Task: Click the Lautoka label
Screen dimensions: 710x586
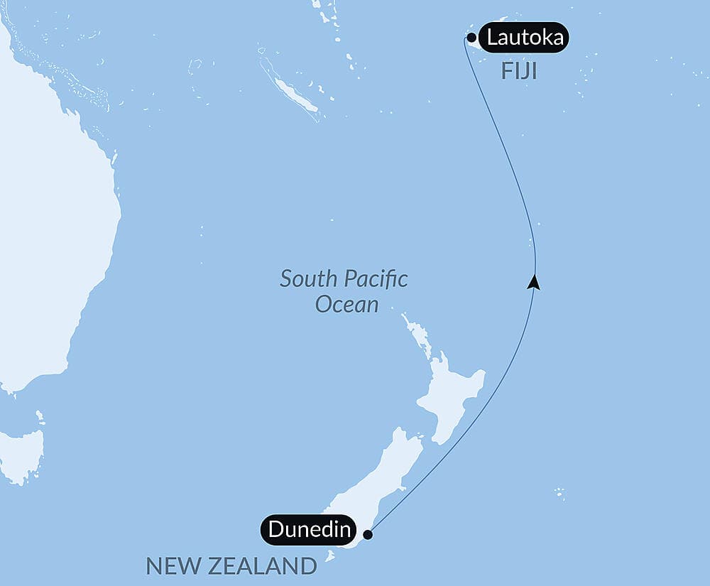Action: coord(524,37)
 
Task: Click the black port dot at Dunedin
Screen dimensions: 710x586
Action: coord(367,534)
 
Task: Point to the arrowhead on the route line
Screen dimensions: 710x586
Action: coord(535,282)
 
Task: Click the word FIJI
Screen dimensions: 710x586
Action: coord(518,71)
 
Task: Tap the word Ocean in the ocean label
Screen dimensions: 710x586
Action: coord(346,305)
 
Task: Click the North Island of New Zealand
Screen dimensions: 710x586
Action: coord(451,398)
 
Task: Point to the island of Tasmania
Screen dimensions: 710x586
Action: coord(21,455)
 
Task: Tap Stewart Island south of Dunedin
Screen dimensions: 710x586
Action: coord(330,556)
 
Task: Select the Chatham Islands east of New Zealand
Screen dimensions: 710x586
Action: coord(560,492)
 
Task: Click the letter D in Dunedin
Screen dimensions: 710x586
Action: coord(276,530)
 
